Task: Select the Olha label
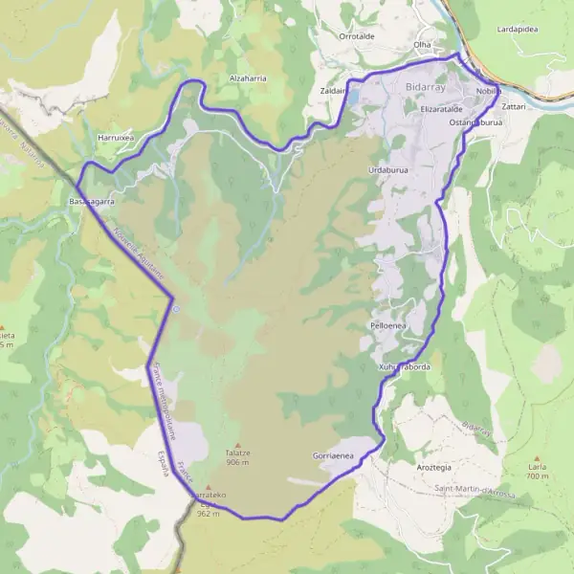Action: (x=422, y=45)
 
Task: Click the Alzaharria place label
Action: (x=248, y=77)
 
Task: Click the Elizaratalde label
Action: (x=422, y=110)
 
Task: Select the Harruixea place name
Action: (x=116, y=139)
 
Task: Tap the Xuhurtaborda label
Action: (x=409, y=366)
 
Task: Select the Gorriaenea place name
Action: (x=334, y=456)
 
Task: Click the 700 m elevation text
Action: (x=536, y=476)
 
